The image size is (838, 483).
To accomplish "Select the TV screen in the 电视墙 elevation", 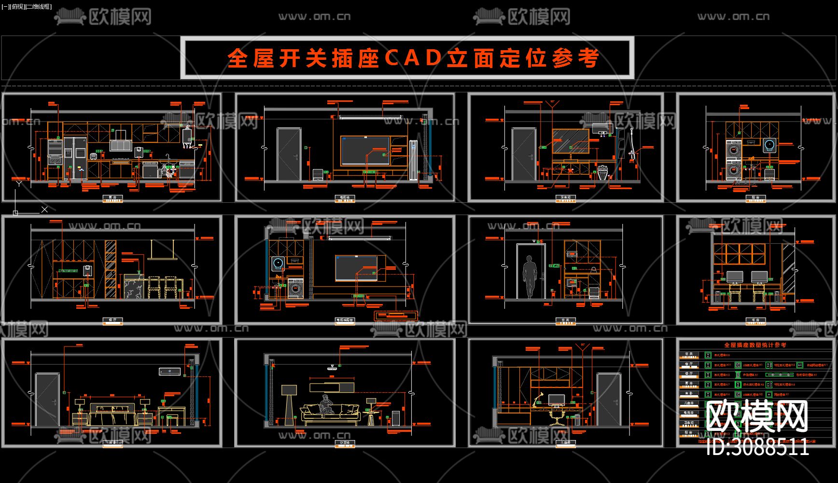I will click(x=365, y=151).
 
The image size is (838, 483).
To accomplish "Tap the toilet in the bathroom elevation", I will click(x=601, y=172).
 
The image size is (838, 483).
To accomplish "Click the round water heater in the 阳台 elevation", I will click(x=769, y=145).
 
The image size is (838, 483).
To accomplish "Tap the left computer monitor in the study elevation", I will click(x=735, y=277).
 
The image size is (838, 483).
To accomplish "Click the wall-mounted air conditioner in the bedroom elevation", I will click(x=170, y=371).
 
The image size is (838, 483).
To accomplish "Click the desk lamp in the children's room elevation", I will click(x=538, y=400).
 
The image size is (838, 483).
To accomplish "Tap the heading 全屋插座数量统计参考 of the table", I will click(x=755, y=345).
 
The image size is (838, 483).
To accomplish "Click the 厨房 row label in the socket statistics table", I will click(x=689, y=384).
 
